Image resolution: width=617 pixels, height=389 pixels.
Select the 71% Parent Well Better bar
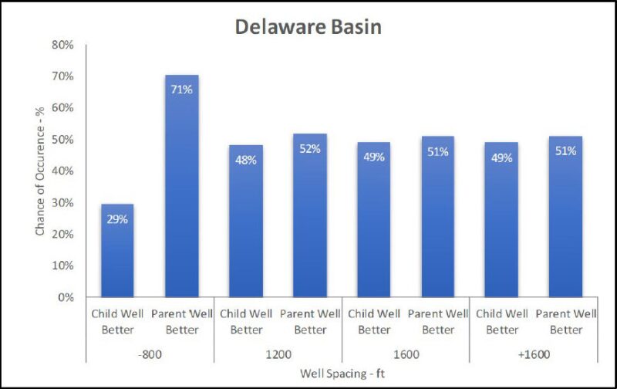coord(182,185)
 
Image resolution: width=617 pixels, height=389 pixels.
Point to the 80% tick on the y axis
coord(63,45)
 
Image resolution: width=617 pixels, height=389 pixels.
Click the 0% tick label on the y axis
coord(66,297)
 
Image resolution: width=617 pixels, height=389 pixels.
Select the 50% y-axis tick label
coord(63,140)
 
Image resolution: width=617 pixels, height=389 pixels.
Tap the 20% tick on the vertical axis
coord(63,234)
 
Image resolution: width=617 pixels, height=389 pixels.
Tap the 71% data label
coord(182,89)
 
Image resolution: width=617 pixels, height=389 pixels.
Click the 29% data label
coord(118,219)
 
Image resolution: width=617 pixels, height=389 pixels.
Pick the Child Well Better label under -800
coord(118,322)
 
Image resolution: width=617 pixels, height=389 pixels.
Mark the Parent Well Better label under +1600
coord(566,322)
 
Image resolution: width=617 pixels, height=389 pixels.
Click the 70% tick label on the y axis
coord(63,76)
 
